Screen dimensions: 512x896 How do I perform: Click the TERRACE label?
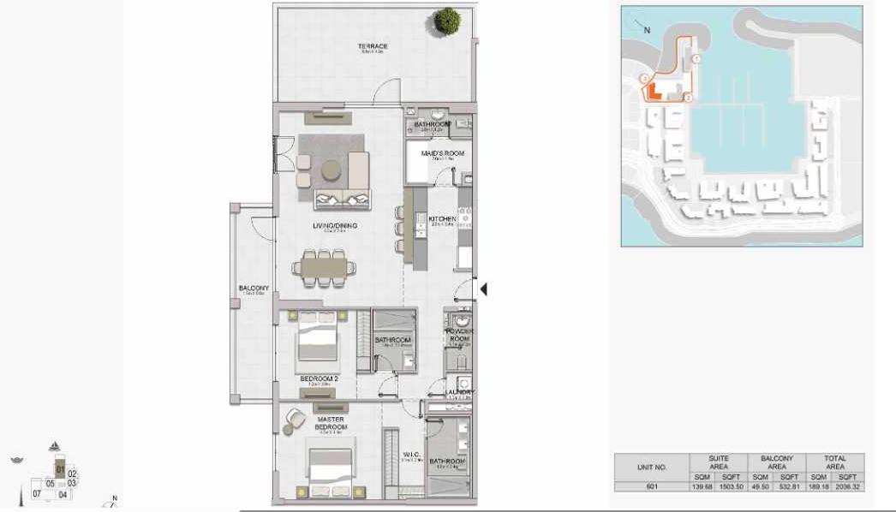373,46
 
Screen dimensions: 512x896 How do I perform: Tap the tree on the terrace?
447,21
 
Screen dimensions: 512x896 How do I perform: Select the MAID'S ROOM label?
442,153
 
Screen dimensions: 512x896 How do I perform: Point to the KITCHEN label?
443,219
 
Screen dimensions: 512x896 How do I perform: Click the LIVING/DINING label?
334,226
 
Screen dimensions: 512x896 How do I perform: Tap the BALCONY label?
254,289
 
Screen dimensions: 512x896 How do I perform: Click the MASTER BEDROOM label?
330,423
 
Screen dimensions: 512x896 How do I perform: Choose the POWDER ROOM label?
459,335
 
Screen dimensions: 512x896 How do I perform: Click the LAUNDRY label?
460,393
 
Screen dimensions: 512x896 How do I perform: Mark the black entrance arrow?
483,289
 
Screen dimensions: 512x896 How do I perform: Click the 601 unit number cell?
652,486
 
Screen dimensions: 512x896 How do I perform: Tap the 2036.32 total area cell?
849,486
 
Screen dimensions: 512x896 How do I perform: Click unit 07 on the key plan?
37,494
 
